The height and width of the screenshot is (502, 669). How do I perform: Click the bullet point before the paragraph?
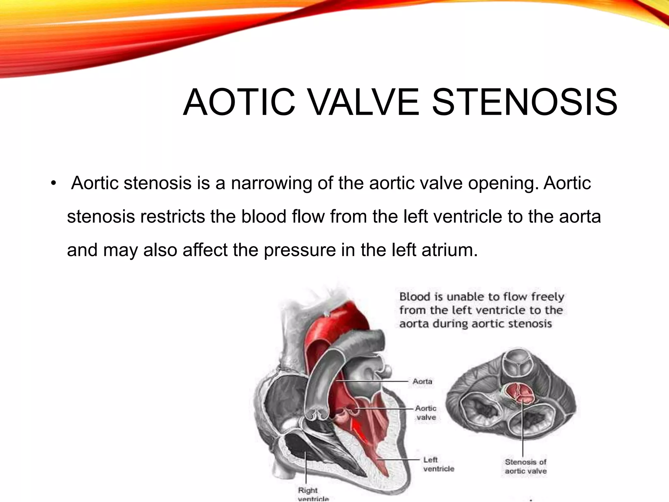click(x=54, y=183)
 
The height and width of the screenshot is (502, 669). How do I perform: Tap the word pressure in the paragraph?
click(x=300, y=250)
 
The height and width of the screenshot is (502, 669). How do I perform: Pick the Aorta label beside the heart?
click(x=422, y=381)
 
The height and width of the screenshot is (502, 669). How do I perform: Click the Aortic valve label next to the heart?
click(x=426, y=413)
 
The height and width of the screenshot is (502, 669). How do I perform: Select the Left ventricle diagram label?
click(x=438, y=464)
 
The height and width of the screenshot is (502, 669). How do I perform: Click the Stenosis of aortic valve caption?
click(x=525, y=466)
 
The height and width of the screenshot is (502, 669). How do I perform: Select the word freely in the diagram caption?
click(x=547, y=297)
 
